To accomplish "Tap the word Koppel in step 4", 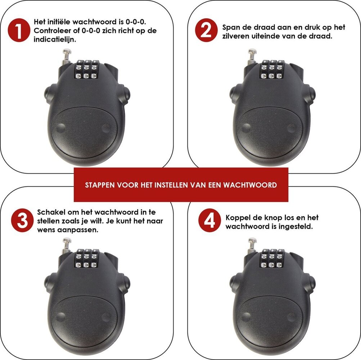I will (238, 217).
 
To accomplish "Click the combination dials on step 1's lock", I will (86, 70).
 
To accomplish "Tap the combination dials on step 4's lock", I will (272, 259).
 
